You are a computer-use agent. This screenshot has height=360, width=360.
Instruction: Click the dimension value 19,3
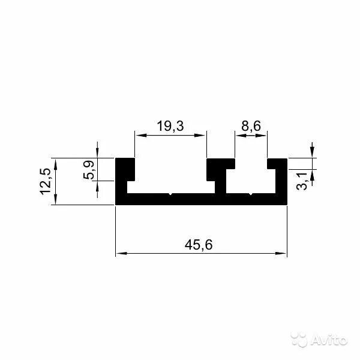click(170, 127)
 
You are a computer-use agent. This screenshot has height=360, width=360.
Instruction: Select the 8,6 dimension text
click(251, 127)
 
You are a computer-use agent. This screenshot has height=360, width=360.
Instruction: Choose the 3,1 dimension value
click(302, 180)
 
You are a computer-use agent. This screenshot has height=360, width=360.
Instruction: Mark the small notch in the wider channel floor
click(171, 194)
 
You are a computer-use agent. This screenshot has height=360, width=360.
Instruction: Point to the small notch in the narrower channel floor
click(251, 194)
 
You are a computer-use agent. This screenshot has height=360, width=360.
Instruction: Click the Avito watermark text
click(329, 341)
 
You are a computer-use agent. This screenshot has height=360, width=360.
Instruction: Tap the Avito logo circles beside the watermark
click(300, 340)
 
